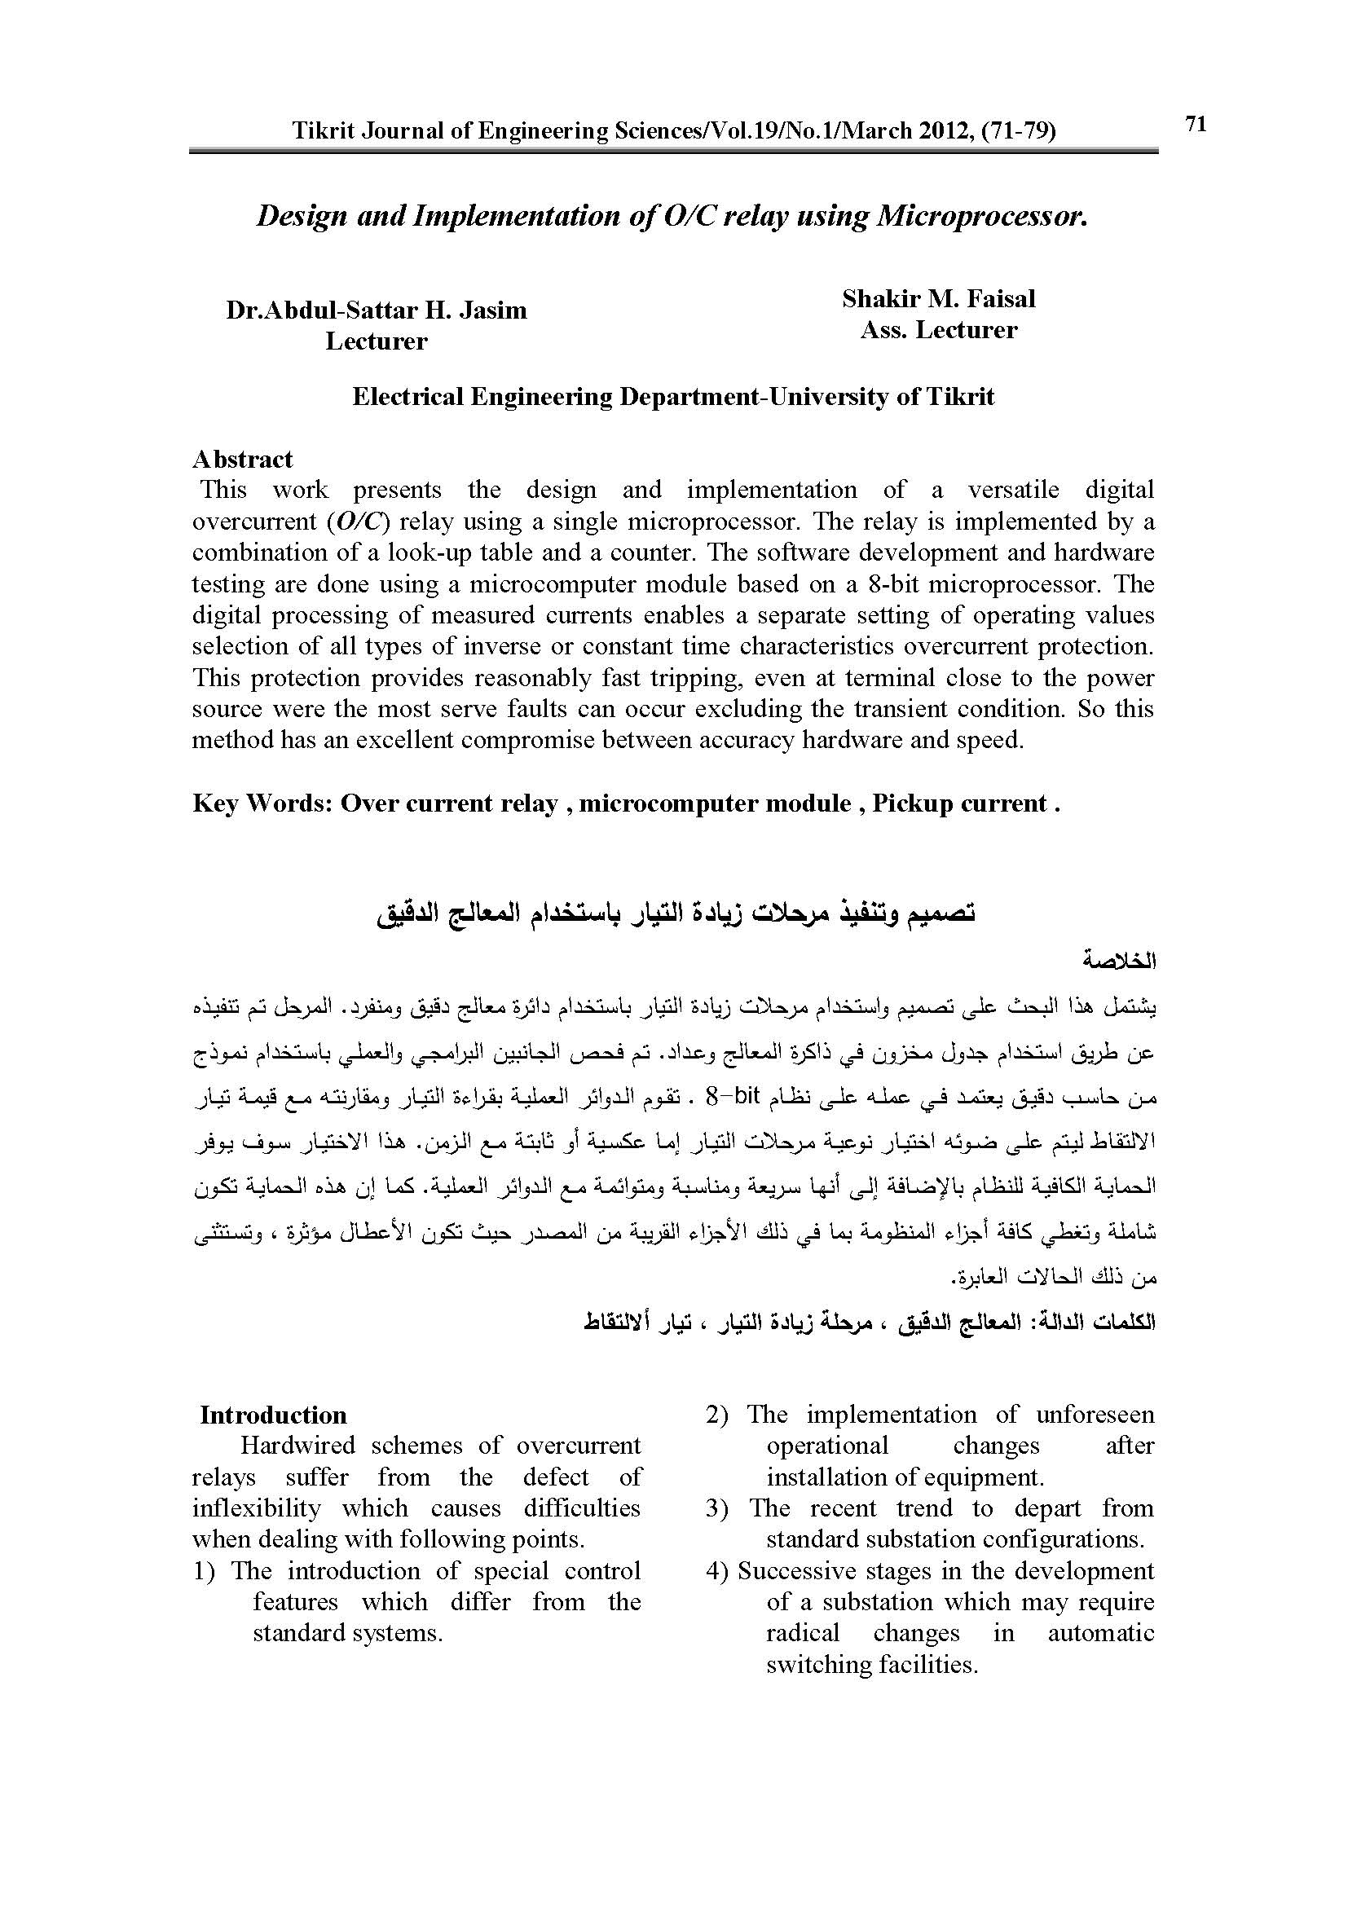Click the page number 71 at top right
coord(1196,124)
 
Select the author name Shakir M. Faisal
coord(939,299)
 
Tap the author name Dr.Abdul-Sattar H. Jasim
coord(376,310)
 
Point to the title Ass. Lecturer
coord(939,330)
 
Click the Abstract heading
coord(242,459)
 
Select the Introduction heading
coord(273,1415)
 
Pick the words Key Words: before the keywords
coord(262,803)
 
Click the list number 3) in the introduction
coord(717,1508)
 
